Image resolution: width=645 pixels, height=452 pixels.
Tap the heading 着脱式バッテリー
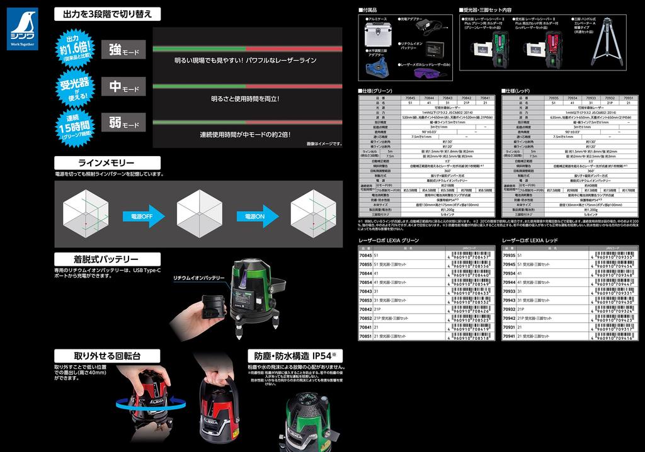click(105, 259)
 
